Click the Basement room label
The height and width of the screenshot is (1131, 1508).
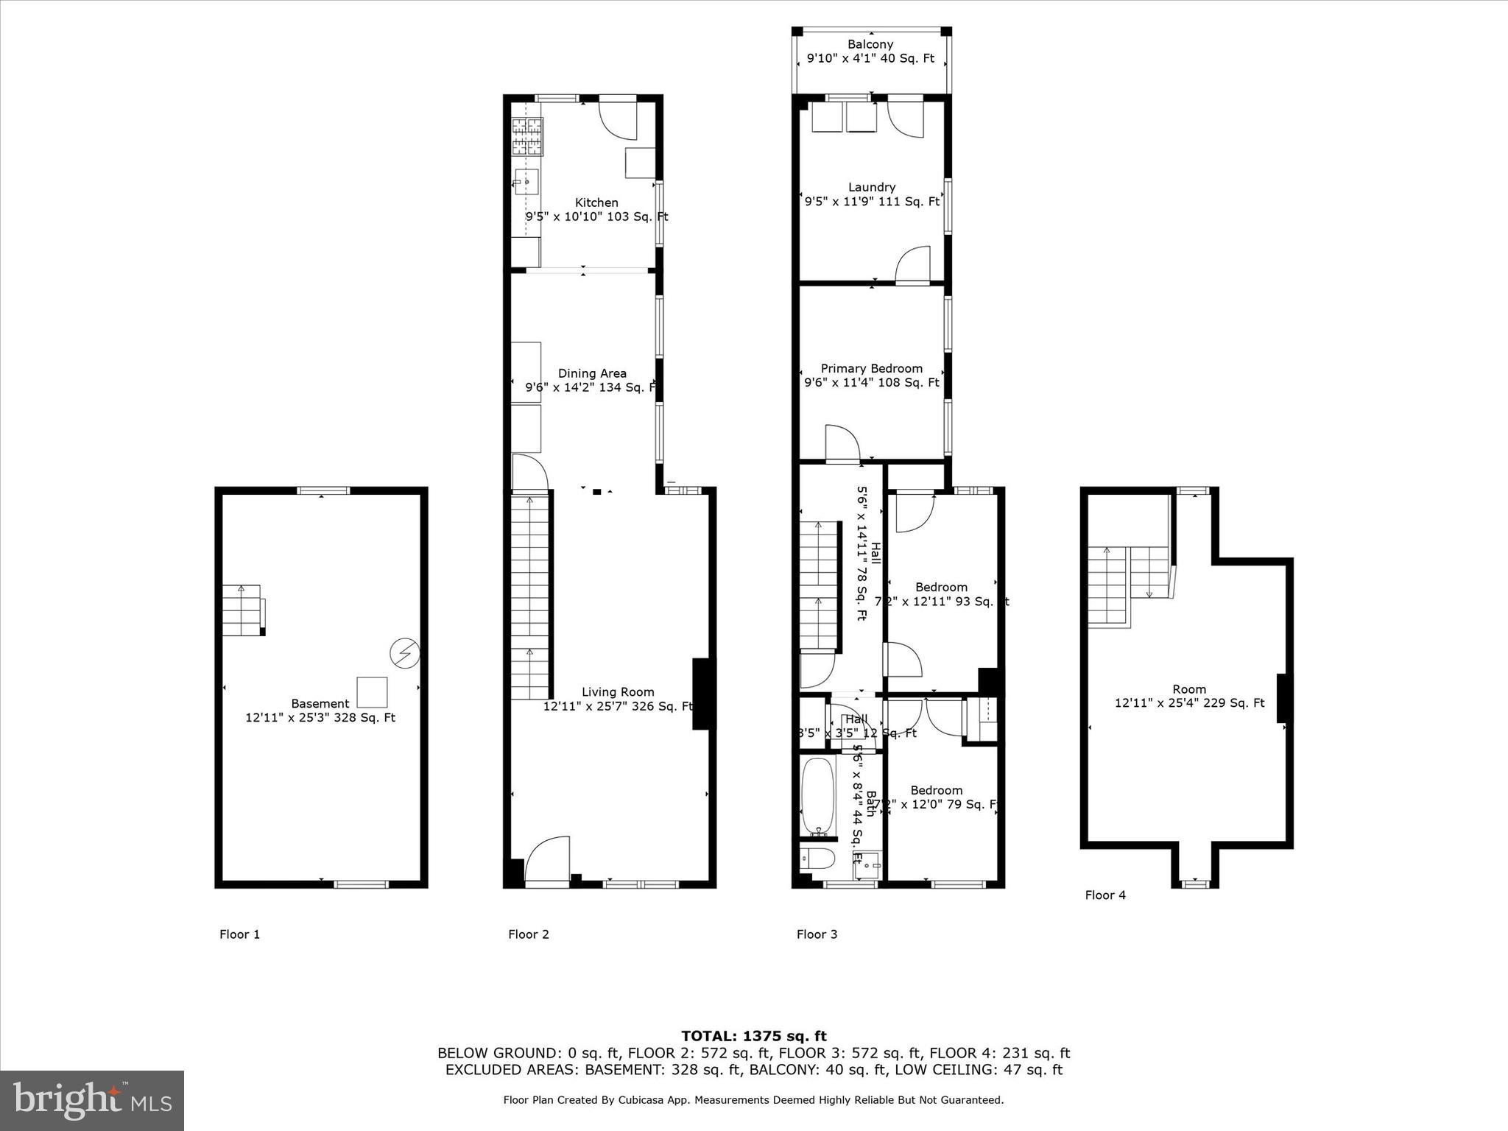[x=320, y=704]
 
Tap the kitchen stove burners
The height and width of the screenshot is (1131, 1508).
[x=527, y=136]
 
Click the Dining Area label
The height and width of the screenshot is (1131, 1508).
[x=592, y=373]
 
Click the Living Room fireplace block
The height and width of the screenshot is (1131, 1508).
[x=703, y=693]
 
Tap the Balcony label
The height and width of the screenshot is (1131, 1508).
[x=870, y=44]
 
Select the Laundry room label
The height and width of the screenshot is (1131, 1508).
[x=872, y=187]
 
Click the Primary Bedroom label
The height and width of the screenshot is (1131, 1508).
[x=872, y=368]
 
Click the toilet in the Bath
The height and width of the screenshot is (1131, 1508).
[x=817, y=859]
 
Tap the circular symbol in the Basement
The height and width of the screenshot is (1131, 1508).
[x=404, y=653]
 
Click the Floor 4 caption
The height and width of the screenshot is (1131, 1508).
[x=1105, y=895]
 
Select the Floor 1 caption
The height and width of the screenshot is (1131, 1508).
[x=239, y=934]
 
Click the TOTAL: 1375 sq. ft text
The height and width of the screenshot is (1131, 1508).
[x=753, y=1037]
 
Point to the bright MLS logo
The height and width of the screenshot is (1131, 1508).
[x=92, y=1101]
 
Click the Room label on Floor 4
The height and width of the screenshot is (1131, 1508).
[x=1189, y=689]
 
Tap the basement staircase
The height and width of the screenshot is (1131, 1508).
[x=242, y=610]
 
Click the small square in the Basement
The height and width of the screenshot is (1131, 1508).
[x=372, y=691]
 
